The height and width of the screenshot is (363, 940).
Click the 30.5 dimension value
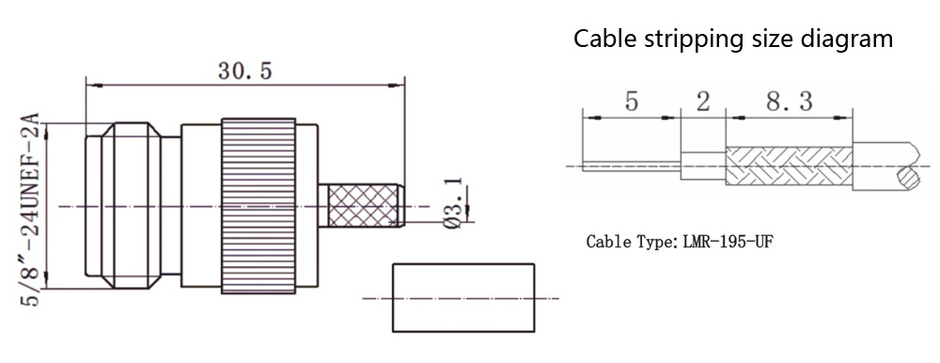point(244,71)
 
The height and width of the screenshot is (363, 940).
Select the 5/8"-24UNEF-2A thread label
point(30,210)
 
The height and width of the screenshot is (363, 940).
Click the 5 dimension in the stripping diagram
point(632,102)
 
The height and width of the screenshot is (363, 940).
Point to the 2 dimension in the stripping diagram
point(702,102)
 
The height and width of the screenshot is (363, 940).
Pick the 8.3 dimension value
point(789,102)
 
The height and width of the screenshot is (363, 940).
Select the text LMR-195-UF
point(728,243)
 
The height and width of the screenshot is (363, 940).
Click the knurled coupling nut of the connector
point(258,206)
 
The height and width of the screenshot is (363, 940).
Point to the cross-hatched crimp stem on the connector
point(362,206)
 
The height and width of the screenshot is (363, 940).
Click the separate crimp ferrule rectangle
point(463,297)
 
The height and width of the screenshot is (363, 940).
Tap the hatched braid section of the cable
point(789,166)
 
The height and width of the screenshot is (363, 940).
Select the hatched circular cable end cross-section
point(908,178)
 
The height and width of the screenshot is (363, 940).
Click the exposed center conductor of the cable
point(632,165)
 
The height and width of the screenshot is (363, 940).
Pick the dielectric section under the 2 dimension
point(702,166)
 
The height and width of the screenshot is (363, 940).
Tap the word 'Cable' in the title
point(605,39)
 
